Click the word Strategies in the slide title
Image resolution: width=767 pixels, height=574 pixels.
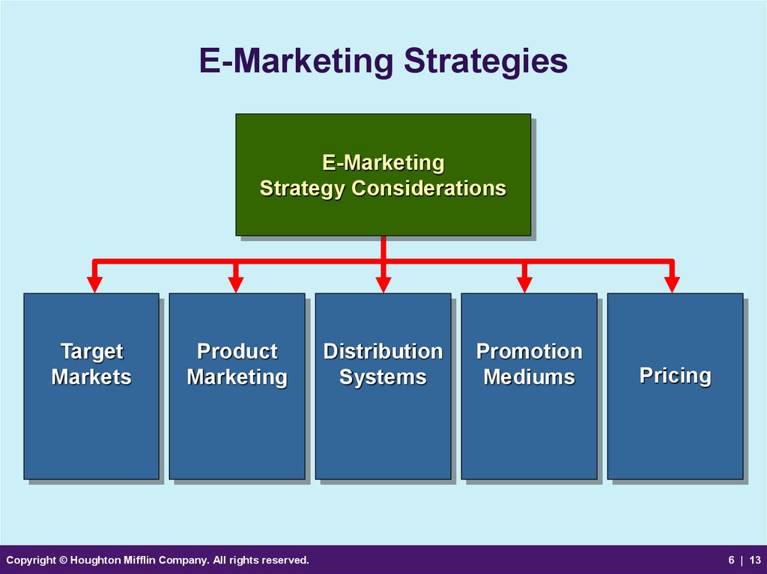coord(485,61)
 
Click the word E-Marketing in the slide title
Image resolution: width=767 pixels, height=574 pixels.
coord(296,61)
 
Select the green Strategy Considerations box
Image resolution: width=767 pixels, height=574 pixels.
coord(383,174)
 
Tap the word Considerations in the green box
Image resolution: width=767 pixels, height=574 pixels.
coord(428,189)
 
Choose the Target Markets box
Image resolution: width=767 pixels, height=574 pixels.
coord(91,386)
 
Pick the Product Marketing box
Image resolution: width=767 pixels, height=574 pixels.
coord(237,386)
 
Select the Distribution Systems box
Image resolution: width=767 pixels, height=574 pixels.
coord(383,386)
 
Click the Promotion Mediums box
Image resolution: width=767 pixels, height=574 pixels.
coord(530,386)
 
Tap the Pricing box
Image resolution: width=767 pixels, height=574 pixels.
coord(675,386)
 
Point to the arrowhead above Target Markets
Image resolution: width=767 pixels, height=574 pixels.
coord(94,284)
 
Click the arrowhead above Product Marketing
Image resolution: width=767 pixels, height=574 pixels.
coord(236,284)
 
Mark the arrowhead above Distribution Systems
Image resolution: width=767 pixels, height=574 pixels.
coord(383,284)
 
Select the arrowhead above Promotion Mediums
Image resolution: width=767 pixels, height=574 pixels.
coord(524,284)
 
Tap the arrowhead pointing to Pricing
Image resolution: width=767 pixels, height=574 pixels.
coord(672,284)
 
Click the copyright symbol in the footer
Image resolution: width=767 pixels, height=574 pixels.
coord(63,560)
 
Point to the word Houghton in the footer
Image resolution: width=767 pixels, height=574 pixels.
coord(92,561)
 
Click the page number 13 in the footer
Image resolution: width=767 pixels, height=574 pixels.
coord(755,561)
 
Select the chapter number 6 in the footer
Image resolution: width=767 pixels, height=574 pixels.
coord(731,561)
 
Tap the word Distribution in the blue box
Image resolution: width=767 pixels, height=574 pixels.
coord(383,351)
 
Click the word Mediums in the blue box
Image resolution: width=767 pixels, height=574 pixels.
coord(530,377)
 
